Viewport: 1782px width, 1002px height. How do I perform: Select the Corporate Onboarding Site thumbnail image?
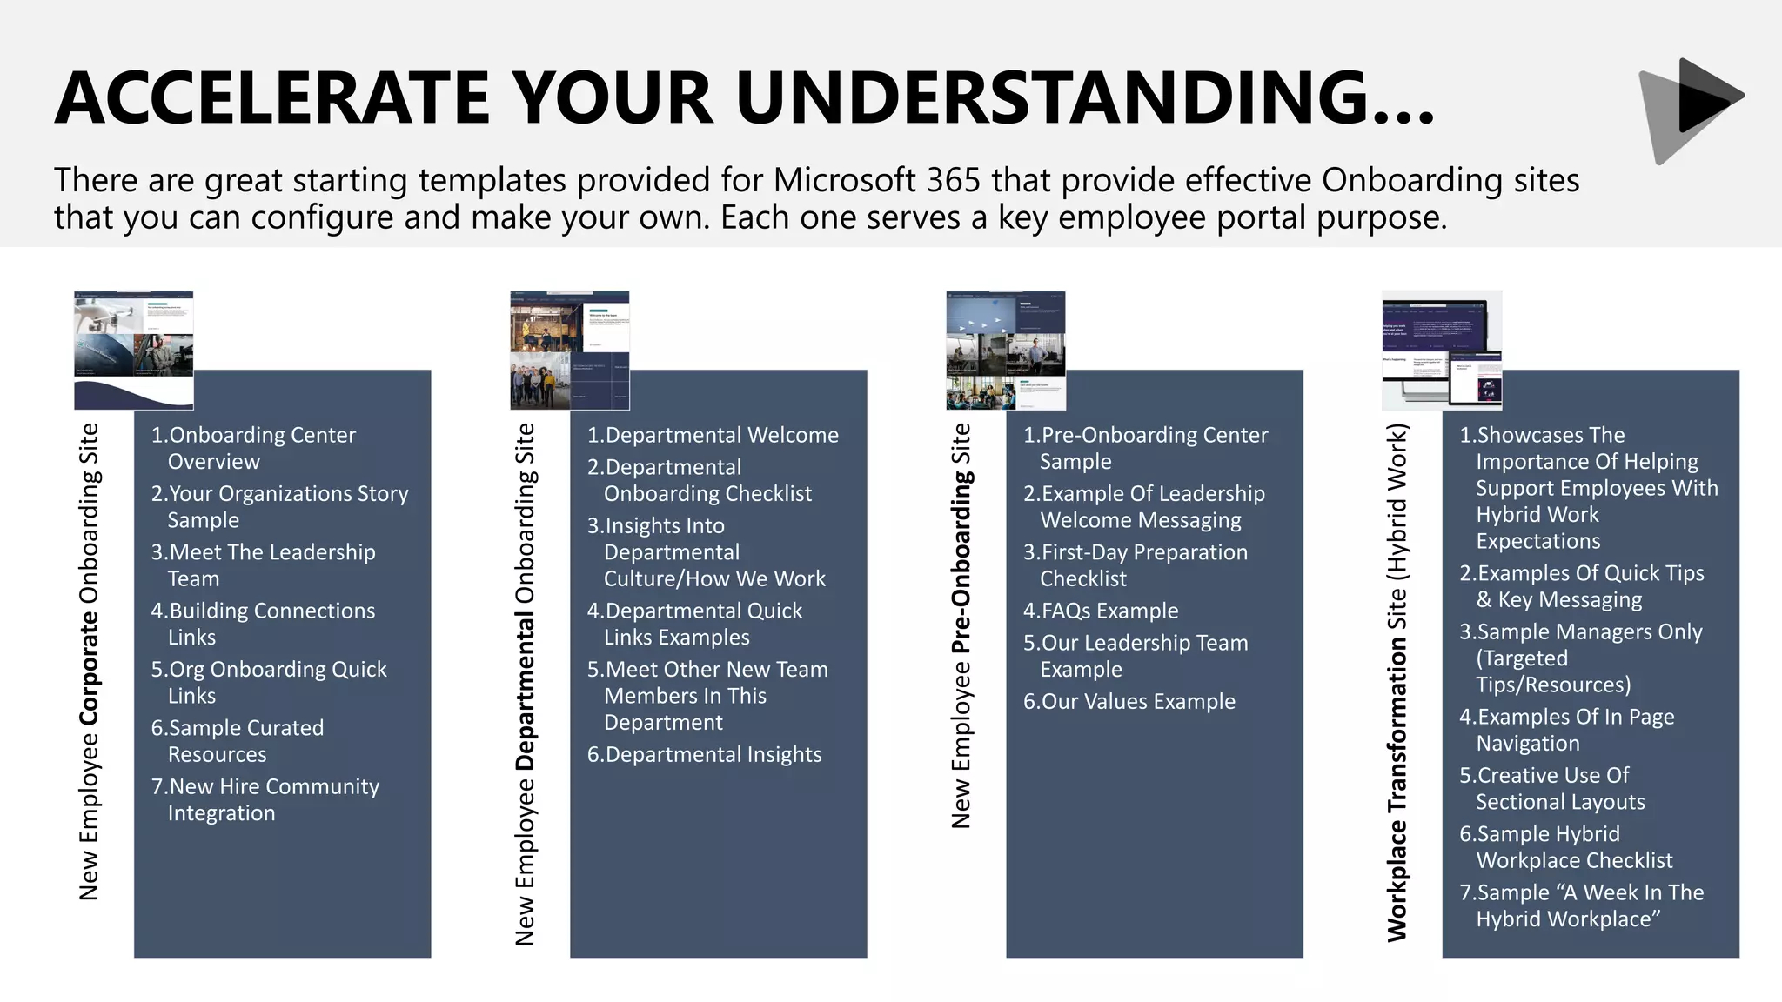(x=134, y=350)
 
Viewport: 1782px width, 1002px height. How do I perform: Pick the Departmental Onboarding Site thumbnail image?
(x=570, y=350)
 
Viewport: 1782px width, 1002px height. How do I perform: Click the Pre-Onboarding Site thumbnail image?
(x=1006, y=350)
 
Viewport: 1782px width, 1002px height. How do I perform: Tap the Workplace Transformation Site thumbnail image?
(x=1442, y=350)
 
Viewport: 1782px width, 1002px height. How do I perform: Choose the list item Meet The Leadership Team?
(x=263, y=565)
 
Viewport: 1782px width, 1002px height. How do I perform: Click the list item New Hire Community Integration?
(x=265, y=799)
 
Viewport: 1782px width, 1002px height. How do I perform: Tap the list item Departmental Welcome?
(x=713, y=435)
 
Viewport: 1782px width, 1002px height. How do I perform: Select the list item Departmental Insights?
(x=704, y=754)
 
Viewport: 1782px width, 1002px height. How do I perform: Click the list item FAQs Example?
(x=1101, y=611)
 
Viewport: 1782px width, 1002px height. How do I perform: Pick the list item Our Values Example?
(x=1129, y=701)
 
